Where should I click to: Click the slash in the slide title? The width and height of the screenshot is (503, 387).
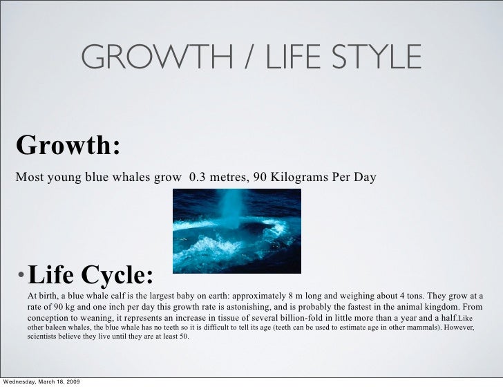(245, 57)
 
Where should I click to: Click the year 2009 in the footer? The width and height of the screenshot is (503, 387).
(69, 381)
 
